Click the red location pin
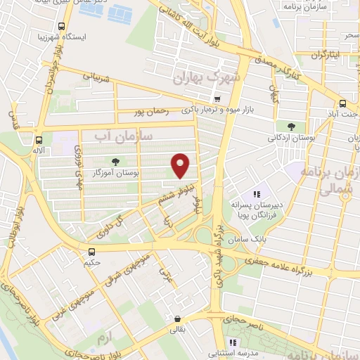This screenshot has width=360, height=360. point(181,166)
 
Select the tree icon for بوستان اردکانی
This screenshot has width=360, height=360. point(290,128)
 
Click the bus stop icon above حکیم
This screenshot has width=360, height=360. point(91,252)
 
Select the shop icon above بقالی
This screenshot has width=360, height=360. point(177,318)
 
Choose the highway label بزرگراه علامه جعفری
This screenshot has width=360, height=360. point(287,265)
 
